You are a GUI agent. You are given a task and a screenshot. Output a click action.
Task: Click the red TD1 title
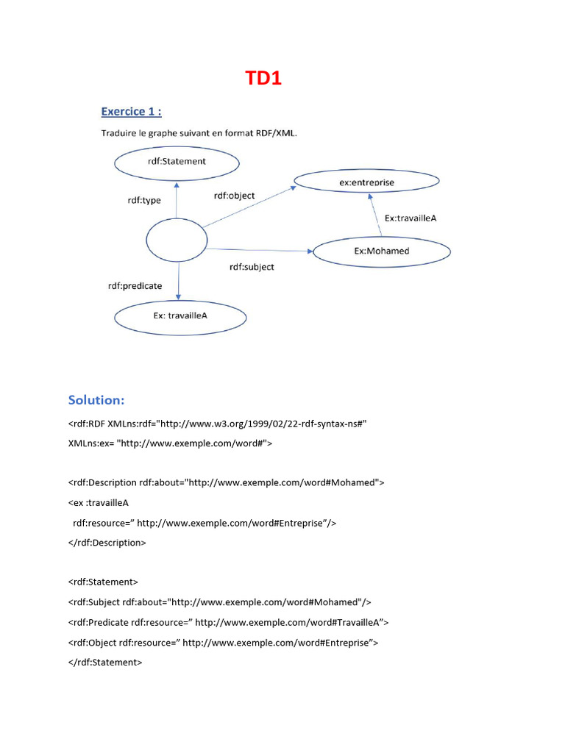[263, 78]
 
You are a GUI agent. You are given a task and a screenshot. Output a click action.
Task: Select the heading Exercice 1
[131, 112]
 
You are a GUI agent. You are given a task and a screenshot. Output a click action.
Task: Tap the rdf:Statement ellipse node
[176, 162]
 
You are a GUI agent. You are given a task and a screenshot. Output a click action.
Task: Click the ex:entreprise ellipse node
[366, 181]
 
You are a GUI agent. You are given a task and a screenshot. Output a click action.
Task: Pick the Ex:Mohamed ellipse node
[382, 251]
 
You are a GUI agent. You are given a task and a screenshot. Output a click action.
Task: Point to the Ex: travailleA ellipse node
[180, 316]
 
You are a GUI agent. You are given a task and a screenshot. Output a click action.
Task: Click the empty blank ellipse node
[177, 241]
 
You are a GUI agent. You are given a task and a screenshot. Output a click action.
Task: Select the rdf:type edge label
[144, 200]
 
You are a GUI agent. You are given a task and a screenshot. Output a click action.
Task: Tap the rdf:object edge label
[234, 196]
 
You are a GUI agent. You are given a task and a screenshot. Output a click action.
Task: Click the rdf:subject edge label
[252, 267]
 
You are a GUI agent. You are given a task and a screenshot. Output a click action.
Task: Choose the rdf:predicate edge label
[135, 285]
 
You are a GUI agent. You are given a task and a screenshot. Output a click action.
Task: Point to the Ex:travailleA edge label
[411, 218]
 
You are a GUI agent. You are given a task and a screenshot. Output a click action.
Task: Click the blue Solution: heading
[96, 400]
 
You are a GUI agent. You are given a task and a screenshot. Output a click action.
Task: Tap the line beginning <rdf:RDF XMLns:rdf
[217, 424]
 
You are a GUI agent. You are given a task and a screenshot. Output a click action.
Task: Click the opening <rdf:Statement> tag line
[102, 582]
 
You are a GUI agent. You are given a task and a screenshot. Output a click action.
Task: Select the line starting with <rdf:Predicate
[228, 622]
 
